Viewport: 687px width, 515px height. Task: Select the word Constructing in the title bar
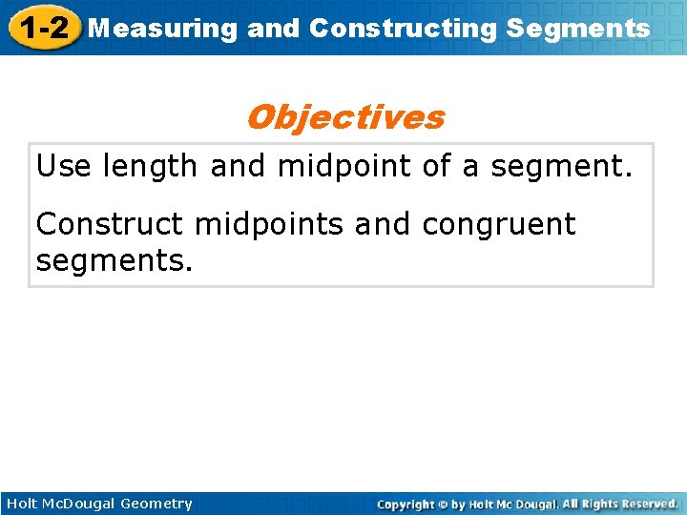403,29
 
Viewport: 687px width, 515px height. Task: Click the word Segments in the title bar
578,29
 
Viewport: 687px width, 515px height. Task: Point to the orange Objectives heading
344,117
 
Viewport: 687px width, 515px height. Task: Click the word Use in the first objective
64,167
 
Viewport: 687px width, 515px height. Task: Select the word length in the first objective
151,167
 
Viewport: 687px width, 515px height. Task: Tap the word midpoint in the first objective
345,167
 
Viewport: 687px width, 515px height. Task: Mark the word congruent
500,226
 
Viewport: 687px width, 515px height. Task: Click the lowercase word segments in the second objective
114,259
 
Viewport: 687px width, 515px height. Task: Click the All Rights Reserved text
619,504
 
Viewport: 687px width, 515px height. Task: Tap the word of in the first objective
436,167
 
